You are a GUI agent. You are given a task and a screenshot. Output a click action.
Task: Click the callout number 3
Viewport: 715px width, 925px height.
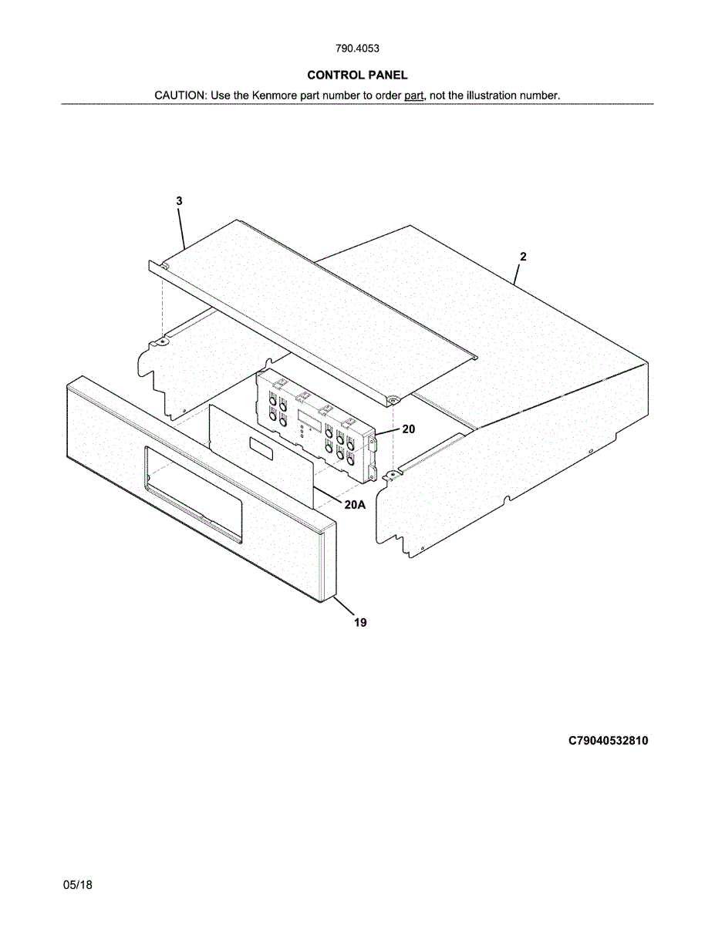(179, 201)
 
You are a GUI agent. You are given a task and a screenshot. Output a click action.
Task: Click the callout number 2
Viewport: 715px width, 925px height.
(523, 257)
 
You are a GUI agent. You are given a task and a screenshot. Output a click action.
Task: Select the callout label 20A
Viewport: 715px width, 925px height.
(354, 505)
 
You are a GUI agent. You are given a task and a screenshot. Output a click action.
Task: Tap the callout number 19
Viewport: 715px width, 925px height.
(360, 623)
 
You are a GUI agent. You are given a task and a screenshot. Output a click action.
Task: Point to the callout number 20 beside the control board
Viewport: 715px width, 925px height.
(408, 429)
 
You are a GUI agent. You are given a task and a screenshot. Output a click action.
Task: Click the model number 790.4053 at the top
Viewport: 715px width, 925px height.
(357, 49)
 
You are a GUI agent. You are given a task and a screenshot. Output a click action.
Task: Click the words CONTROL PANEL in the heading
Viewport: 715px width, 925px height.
(357, 75)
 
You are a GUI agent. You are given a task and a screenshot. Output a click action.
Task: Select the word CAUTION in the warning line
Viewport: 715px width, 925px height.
(179, 96)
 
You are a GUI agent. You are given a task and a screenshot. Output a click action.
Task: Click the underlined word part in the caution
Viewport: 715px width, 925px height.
(414, 96)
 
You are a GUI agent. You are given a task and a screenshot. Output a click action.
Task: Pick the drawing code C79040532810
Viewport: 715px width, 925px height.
(608, 741)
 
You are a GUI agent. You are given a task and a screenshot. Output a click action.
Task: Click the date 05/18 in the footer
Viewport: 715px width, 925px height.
(78, 886)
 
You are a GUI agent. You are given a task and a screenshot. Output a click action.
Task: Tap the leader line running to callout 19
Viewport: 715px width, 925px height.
(345, 606)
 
